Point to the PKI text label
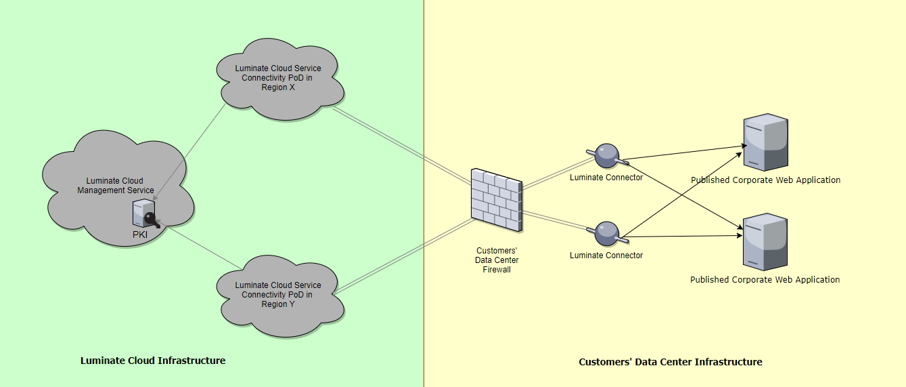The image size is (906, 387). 140,234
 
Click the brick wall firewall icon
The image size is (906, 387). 497,200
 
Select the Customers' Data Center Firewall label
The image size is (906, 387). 497,260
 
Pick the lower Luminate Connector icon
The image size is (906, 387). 607,234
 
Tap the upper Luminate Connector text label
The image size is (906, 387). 606,178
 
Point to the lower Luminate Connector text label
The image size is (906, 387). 606,256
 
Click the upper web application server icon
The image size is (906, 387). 765,142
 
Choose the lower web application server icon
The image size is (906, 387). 765,242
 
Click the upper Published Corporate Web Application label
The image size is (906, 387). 765,180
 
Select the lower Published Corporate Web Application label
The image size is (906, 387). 765,279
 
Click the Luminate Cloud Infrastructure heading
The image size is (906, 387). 153,361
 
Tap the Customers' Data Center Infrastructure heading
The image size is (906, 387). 671,362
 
